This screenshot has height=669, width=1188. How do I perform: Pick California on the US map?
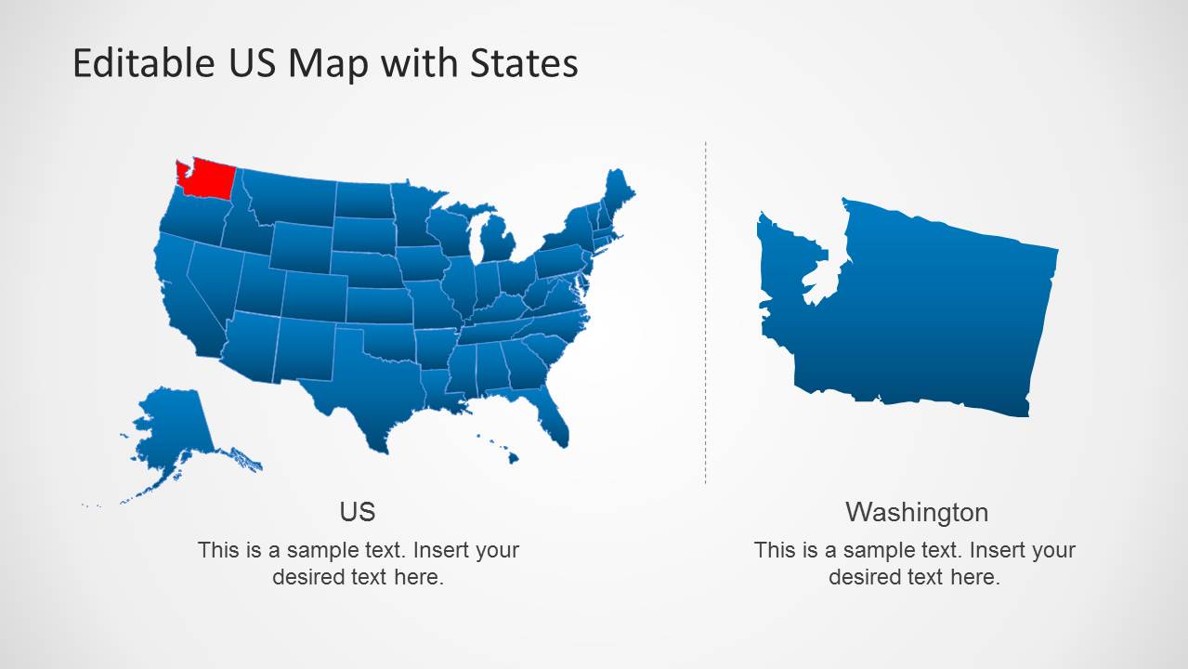(x=186, y=297)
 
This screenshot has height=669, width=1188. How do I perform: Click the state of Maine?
(x=618, y=190)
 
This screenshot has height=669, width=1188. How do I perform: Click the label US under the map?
(x=358, y=511)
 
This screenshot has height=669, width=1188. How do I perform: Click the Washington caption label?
(x=916, y=512)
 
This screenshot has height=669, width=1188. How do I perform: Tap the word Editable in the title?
(x=144, y=63)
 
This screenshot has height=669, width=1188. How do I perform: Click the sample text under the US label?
(x=358, y=563)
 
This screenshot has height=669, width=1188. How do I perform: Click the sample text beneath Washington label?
(x=914, y=563)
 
